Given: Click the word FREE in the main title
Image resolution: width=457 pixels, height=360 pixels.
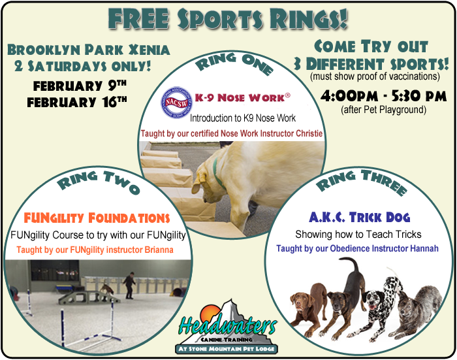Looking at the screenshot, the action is point(138,19).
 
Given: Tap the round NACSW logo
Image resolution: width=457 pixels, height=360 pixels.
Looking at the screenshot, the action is point(176,102).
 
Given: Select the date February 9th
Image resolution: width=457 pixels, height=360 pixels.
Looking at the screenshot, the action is point(80,86).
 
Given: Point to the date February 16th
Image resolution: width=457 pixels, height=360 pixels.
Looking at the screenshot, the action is point(77,102).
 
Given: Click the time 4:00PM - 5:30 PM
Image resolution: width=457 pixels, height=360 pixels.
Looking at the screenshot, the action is point(384,95).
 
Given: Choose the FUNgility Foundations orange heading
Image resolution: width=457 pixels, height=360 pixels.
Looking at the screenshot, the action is point(97,218).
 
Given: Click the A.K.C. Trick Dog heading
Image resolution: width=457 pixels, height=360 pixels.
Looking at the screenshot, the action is point(359,217).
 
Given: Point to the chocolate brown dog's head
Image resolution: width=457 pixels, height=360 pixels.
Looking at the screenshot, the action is point(300,303).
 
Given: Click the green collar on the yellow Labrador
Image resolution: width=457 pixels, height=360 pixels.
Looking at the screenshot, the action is point(217,174).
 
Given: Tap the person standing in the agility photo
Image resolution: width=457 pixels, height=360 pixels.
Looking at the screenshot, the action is point(129,285).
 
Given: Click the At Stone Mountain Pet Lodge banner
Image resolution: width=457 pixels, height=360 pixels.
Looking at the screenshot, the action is point(227,349).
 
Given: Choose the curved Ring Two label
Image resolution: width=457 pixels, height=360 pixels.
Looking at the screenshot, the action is point(99,182).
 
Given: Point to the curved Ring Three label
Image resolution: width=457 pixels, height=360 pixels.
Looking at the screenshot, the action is point(362,182).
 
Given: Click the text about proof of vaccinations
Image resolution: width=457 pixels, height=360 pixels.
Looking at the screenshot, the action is point(375,76).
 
